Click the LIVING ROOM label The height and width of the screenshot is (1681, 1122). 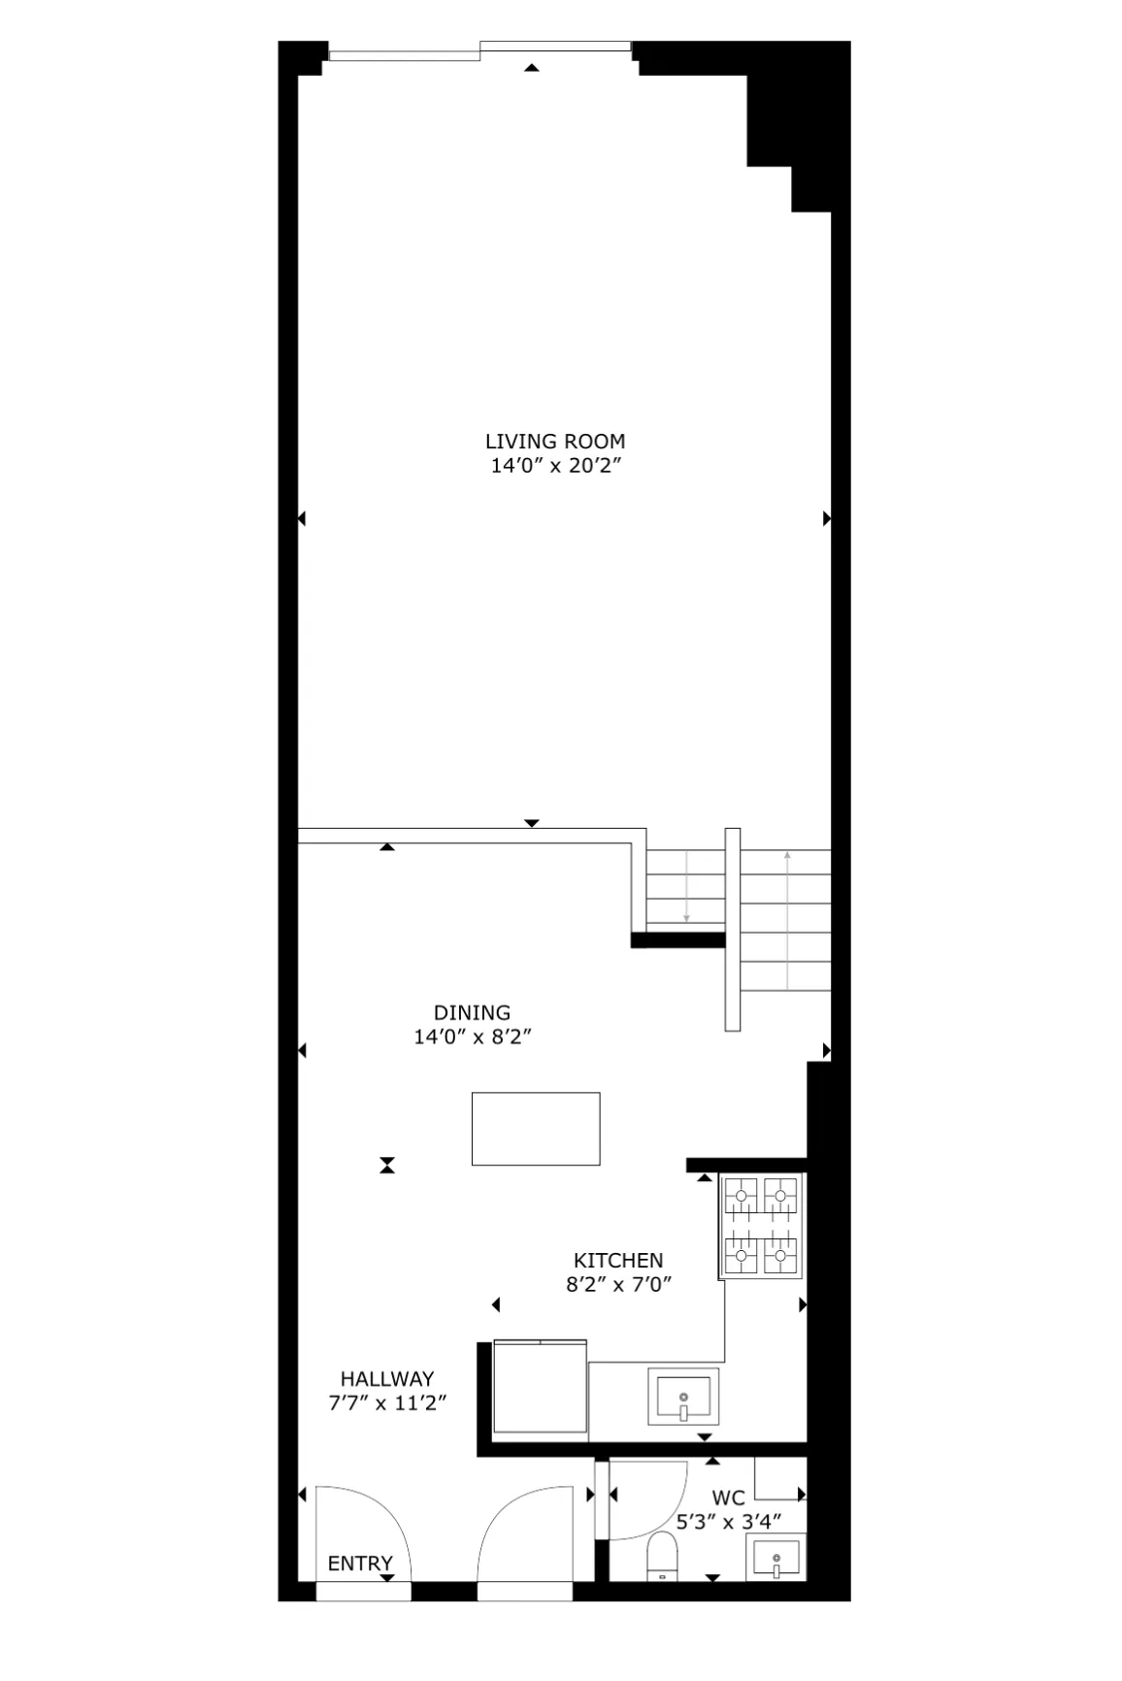pyautogui.click(x=555, y=442)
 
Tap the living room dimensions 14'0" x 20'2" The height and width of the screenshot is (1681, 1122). pyautogui.click(x=555, y=466)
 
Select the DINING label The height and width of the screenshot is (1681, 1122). pyautogui.click(x=472, y=1013)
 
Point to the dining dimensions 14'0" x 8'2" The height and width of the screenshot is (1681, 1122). pyautogui.click(x=473, y=1037)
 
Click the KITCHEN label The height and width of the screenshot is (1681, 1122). pyautogui.click(x=618, y=1261)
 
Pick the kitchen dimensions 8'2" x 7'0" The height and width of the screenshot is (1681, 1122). pyautogui.click(x=619, y=1284)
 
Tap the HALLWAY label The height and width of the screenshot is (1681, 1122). pyautogui.click(x=387, y=1378)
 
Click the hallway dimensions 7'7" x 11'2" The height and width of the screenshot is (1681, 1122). pyautogui.click(x=387, y=1402)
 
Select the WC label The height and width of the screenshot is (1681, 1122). pyautogui.click(x=729, y=1499)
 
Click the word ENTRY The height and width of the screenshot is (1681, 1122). pyautogui.click(x=360, y=1564)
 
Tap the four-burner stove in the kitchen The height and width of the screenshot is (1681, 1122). pyautogui.click(x=761, y=1226)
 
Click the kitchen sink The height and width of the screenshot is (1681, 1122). pyautogui.click(x=684, y=1397)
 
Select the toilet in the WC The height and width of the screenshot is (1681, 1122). pyautogui.click(x=663, y=1557)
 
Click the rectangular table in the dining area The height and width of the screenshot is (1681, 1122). pyautogui.click(x=536, y=1129)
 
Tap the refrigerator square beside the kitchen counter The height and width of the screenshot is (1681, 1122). pyautogui.click(x=540, y=1386)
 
